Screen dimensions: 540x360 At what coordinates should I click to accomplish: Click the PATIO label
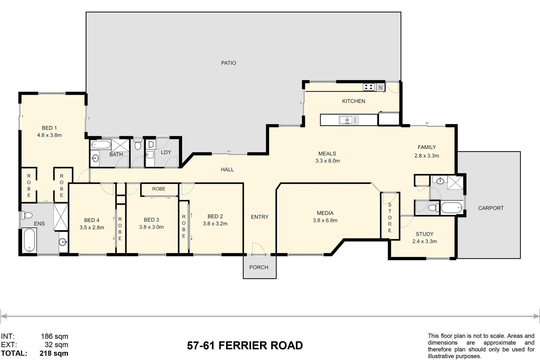point(228,63)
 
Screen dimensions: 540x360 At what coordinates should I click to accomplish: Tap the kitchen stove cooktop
point(369,87)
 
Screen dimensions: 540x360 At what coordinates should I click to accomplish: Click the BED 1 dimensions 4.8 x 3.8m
point(49,135)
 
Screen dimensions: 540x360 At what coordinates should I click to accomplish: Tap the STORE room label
point(390,218)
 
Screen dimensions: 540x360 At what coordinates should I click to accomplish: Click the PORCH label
point(259,267)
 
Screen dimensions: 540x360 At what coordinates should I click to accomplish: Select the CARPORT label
point(491,208)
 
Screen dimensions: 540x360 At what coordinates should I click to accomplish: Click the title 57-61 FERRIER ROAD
point(245,345)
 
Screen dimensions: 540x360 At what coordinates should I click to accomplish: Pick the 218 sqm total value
point(54,353)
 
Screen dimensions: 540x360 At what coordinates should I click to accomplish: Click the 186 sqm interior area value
point(55,336)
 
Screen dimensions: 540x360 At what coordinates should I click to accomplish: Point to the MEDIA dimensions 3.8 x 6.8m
point(325,220)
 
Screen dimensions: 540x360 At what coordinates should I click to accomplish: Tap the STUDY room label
point(425,234)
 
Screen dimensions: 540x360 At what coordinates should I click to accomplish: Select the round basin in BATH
point(95,158)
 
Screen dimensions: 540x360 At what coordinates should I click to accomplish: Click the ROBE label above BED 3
point(159,189)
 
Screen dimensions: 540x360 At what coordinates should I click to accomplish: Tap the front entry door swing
point(259,248)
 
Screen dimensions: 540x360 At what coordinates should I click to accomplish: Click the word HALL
point(227,170)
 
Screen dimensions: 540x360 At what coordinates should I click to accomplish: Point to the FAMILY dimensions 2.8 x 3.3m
point(427,156)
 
